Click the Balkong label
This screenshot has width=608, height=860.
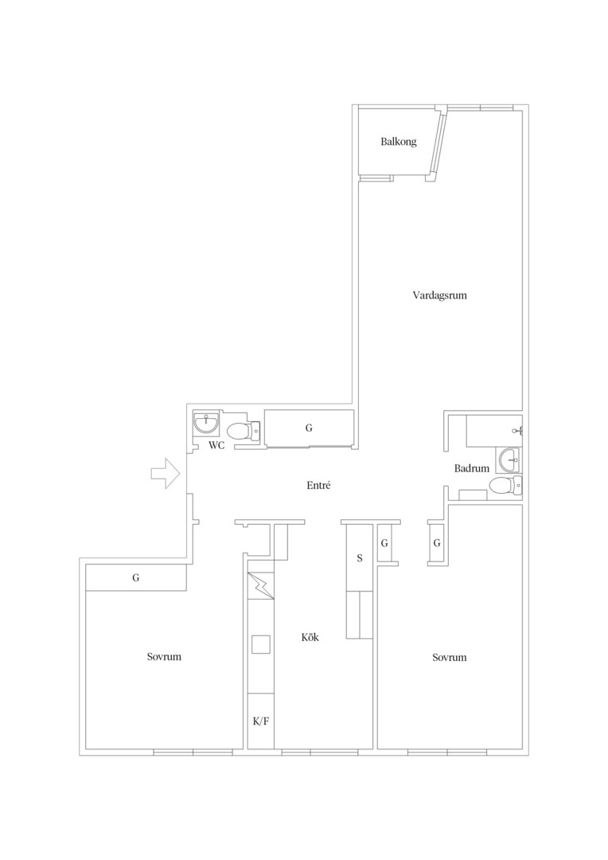point(399,142)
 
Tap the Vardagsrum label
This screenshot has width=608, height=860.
point(440,295)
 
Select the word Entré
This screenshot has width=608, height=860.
point(318,485)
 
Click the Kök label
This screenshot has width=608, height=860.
point(310,637)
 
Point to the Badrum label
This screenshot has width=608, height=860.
point(471,468)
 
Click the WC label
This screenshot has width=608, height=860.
point(216,445)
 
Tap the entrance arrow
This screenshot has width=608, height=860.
point(166,474)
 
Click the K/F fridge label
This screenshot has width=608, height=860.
point(261,721)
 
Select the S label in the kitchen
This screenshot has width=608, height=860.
point(360,558)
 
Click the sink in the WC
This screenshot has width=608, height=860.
point(207,424)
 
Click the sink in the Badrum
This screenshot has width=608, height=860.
point(509,459)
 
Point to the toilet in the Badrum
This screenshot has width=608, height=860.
point(505,486)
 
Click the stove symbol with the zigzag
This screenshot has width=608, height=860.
point(262,586)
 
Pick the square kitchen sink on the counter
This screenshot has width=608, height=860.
point(261,644)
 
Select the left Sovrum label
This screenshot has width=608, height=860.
point(164,656)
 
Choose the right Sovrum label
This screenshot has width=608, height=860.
point(450,657)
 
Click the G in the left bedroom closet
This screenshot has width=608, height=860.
point(136,577)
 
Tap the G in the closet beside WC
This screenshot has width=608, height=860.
point(309,428)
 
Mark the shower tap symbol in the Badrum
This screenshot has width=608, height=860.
point(517,431)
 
